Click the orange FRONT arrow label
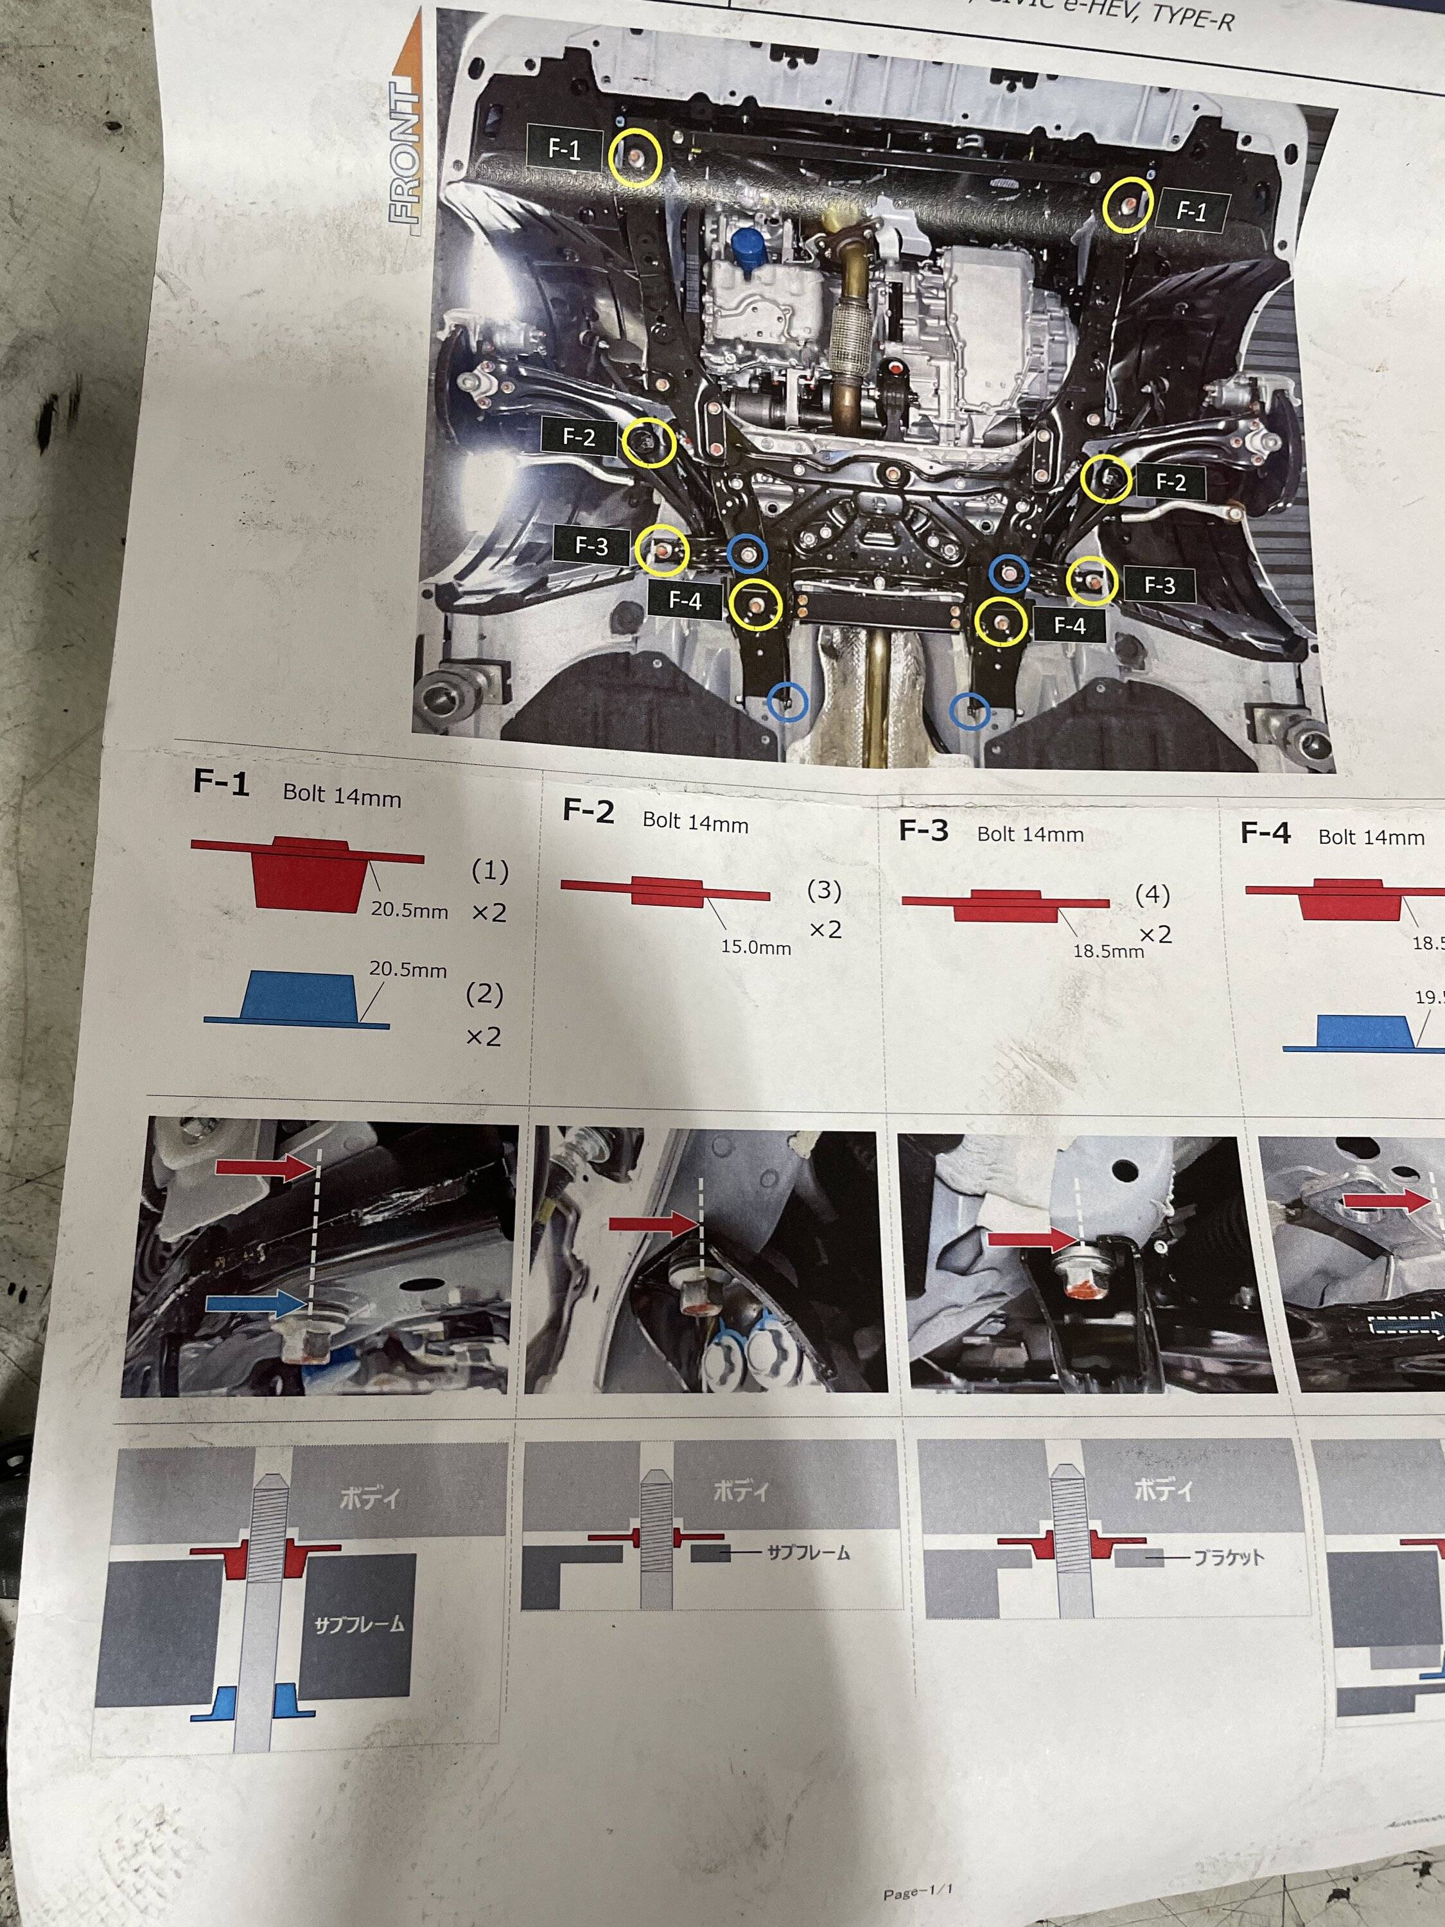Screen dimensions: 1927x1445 point(409,130)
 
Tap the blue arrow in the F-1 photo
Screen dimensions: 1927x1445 point(257,1303)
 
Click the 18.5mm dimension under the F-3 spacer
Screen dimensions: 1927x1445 point(1108,951)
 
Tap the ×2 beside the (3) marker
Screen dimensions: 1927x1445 point(825,929)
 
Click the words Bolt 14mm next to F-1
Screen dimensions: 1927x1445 point(342,795)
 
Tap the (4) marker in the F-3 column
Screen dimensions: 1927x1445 point(1152,895)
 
